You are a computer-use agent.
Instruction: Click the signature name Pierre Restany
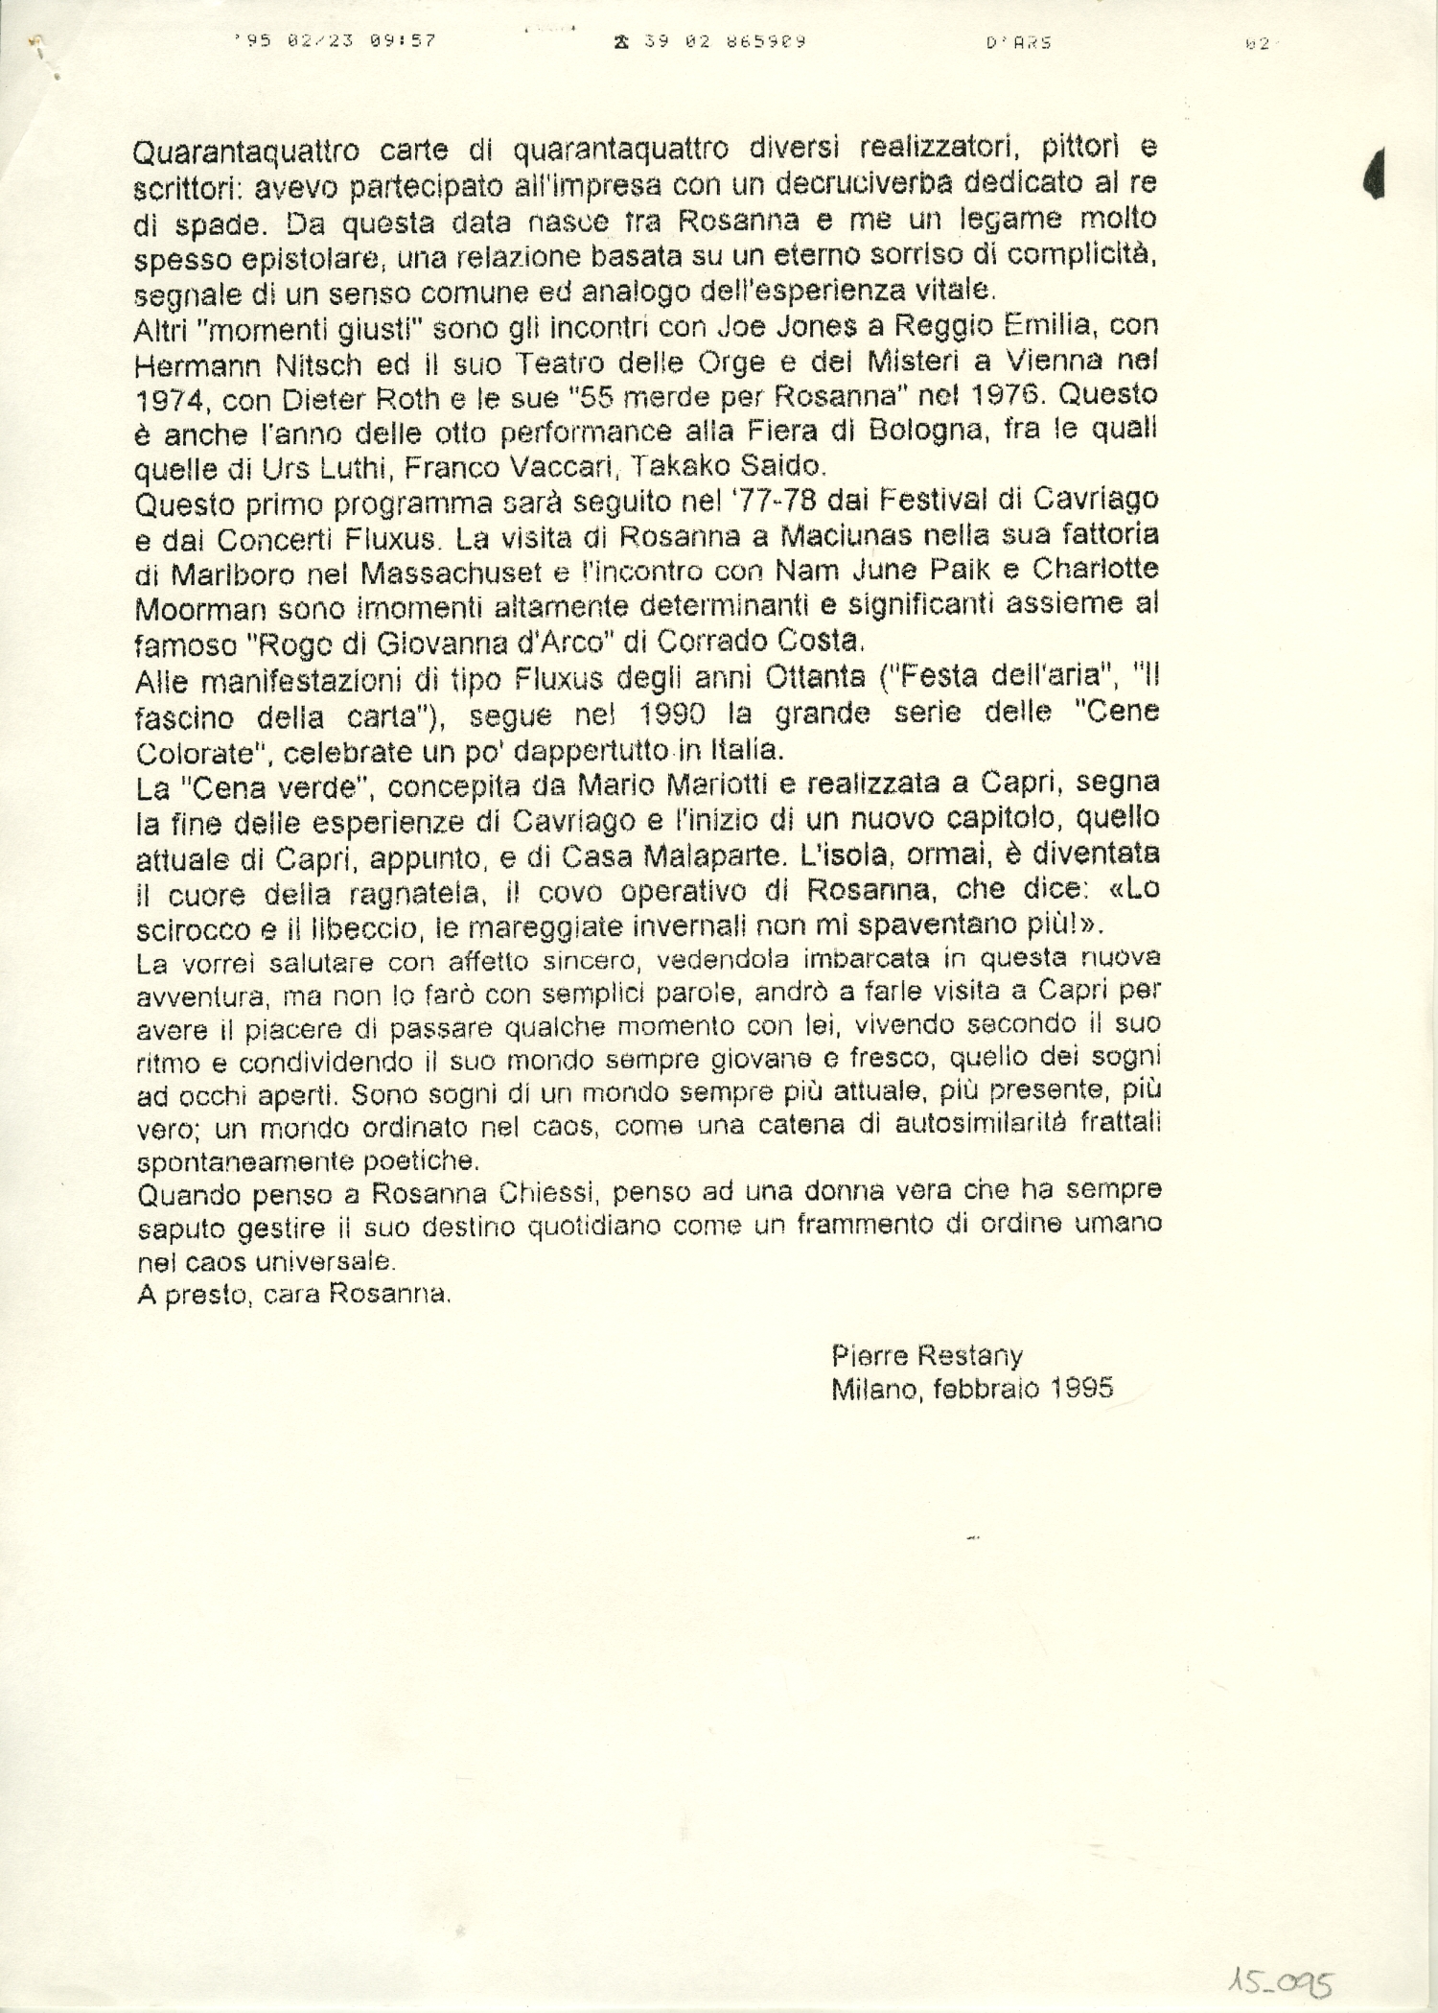click(927, 1355)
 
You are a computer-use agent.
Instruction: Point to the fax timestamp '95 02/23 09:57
click(336, 41)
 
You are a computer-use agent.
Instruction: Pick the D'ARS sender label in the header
click(1018, 42)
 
